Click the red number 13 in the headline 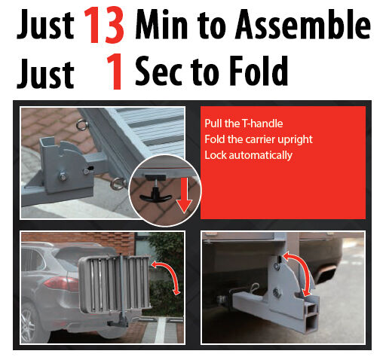click(x=104, y=25)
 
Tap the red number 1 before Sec click(x=115, y=72)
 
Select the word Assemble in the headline click(x=303, y=24)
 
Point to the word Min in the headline click(x=161, y=24)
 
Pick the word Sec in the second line click(x=158, y=71)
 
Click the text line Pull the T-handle click(x=244, y=124)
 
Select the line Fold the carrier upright click(x=259, y=139)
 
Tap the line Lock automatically click(x=248, y=155)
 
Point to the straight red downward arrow click(x=184, y=194)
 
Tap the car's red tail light click(x=61, y=284)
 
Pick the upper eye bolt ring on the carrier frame click(x=82, y=125)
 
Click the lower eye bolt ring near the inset click(x=118, y=184)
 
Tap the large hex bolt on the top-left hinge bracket click(x=63, y=176)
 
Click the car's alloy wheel click(x=29, y=323)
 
